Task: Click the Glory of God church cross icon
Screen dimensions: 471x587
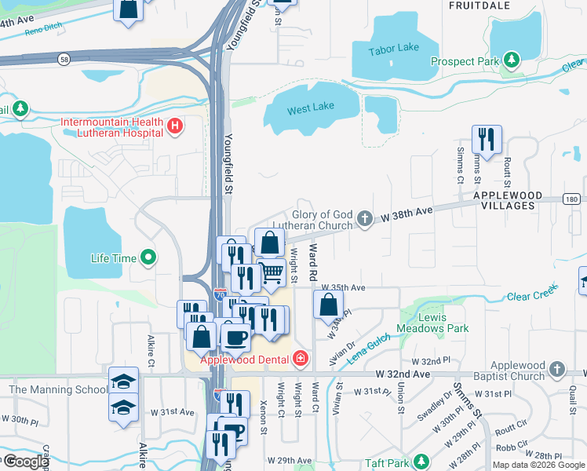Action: point(364,218)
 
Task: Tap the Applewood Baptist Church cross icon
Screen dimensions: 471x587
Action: point(556,368)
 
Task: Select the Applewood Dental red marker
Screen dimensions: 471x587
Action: point(300,360)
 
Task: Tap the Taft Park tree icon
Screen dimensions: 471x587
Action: point(421,461)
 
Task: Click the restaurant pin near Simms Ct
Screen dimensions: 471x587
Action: point(487,140)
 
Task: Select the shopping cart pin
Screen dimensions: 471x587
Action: point(271,273)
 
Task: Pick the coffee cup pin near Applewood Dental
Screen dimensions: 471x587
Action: point(235,337)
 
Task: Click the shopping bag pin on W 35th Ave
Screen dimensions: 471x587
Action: point(328,304)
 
